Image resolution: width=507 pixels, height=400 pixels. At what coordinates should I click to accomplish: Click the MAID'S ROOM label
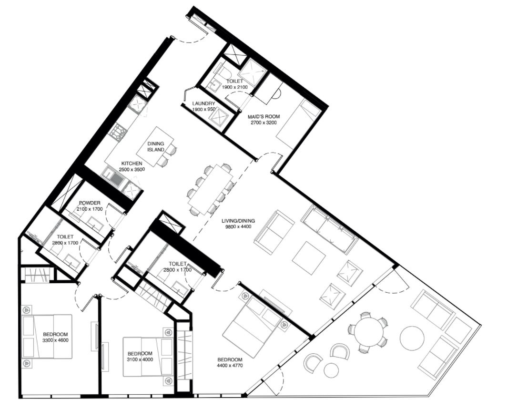click(x=264, y=116)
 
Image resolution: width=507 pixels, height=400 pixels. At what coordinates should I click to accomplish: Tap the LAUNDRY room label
click(x=204, y=103)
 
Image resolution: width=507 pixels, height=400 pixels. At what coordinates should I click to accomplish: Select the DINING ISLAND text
click(x=156, y=146)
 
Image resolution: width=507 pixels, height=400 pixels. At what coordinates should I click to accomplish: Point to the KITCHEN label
click(x=132, y=164)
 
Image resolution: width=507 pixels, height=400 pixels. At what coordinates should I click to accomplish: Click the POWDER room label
click(x=90, y=203)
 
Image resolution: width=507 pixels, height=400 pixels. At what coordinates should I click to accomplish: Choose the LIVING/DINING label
click(x=238, y=221)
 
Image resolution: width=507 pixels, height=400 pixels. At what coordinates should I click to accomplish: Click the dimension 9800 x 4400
click(x=238, y=226)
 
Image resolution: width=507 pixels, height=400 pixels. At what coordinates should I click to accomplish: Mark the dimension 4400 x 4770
click(x=230, y=366)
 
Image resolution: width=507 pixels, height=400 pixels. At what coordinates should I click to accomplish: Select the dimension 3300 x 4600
click(x=56, y=340)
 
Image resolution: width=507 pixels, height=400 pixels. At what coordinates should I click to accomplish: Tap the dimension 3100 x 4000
click(x=140, y=359)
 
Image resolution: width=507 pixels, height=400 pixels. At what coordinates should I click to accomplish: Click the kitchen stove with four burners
click(x=119, y=133)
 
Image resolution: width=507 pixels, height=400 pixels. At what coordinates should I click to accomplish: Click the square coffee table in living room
click(x=309, y=259)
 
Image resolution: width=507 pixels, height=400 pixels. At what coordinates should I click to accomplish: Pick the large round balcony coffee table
click(x=412, y=338)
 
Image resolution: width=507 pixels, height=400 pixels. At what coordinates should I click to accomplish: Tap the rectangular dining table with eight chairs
click(x=211, y=189)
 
